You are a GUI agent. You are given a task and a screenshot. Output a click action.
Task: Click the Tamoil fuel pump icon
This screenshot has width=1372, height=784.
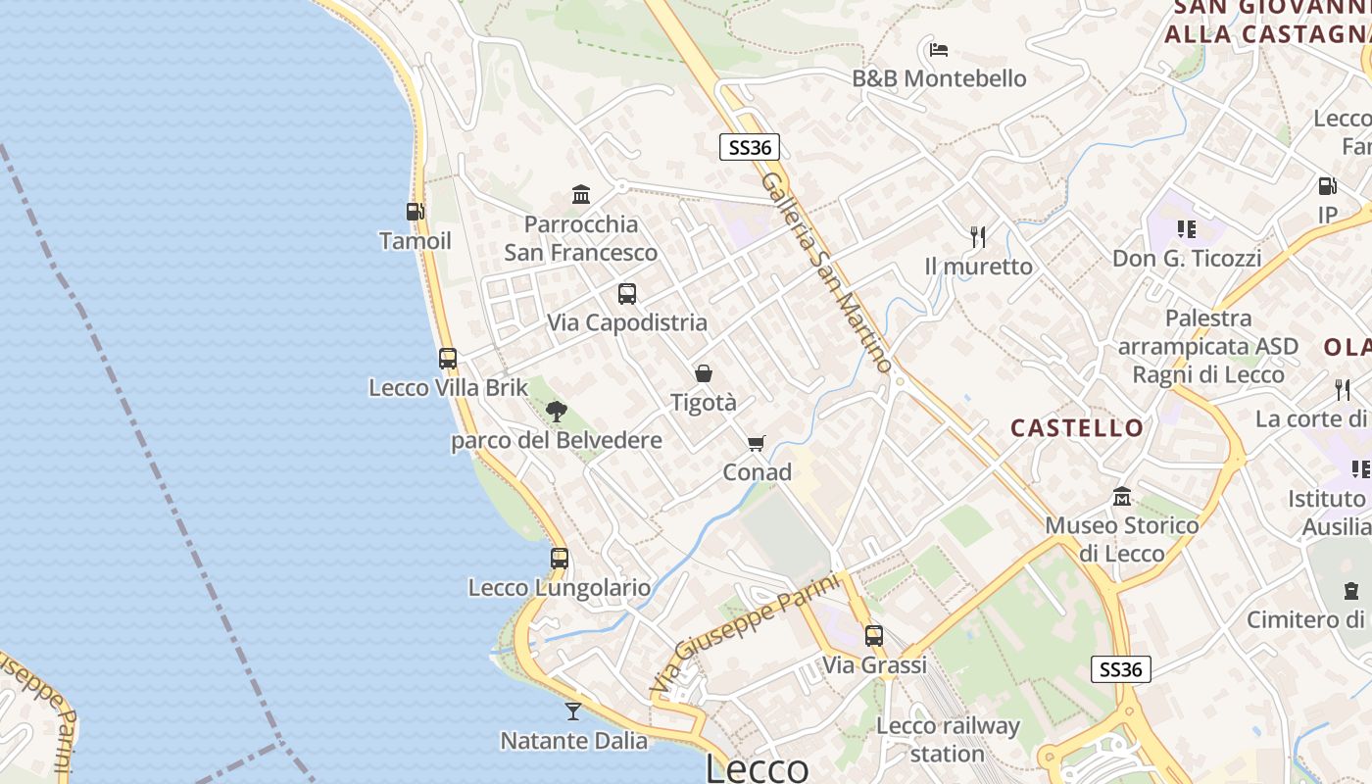click(415, 211)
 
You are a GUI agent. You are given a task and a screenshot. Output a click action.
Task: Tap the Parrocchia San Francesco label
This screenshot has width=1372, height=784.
click(580, 238)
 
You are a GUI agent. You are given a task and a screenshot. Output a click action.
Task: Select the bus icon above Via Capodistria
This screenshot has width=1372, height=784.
click(627, 293)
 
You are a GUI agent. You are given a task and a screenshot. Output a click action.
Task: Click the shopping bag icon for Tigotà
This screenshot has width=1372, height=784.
click(703, 373)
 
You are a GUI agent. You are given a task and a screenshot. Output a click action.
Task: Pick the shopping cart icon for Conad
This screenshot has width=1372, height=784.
click(756, 444)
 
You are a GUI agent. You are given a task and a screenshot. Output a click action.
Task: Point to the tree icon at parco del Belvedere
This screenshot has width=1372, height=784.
click(557, 411)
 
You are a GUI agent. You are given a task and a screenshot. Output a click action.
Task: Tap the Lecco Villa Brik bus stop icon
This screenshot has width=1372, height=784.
click(448, 359)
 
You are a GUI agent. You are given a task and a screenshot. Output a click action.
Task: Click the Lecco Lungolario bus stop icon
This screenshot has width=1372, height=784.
click(560, 559)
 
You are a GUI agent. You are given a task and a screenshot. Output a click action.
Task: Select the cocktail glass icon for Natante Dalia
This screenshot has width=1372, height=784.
click(573, 710)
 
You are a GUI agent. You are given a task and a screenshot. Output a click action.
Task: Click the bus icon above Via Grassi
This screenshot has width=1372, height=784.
click(874, 636)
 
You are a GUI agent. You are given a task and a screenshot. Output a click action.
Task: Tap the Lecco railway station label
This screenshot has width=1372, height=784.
click(948, 740)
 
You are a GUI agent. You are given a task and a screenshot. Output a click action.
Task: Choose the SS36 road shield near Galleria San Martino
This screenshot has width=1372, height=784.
click(750, 148)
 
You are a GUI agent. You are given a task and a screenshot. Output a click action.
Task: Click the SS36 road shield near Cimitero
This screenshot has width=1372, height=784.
click(1121, 669)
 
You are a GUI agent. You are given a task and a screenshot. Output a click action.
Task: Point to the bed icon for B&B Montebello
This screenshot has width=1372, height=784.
click(938, 49)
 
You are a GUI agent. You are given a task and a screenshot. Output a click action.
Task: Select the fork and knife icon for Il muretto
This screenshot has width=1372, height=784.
click(977, 236)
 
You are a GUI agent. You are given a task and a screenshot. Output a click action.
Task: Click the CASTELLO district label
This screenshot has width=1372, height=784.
click(1077, 428)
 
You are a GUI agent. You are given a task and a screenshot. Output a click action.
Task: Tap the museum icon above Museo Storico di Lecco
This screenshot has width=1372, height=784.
click(1122, 497)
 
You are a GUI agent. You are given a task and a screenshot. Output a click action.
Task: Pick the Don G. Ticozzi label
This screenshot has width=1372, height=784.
click(1186, 259)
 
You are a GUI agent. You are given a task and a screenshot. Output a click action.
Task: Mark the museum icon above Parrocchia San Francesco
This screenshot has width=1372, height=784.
click(581, 195)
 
